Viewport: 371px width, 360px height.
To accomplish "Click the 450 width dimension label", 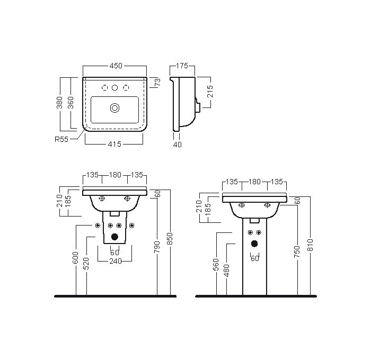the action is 116,66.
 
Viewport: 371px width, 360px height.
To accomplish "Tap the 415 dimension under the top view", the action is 114,144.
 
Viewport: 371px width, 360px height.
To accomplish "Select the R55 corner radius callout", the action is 61,139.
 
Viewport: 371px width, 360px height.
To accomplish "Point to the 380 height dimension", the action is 59,102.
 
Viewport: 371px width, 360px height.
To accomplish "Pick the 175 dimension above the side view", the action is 182,66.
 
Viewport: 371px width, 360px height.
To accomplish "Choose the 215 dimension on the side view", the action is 210,91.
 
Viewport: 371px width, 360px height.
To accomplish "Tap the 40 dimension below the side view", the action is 177,145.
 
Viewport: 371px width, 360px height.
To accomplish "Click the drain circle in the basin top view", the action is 115,108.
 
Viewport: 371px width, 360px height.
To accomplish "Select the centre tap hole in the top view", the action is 115,88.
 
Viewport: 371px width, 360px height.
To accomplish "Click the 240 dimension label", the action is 115,261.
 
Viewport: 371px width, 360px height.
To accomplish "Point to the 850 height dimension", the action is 170,239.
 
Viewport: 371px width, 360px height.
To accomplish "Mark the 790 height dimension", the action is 157,247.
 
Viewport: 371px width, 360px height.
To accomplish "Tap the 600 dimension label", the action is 76,257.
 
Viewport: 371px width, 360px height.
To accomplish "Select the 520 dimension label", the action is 86,263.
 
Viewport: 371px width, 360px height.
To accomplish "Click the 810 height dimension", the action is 310,245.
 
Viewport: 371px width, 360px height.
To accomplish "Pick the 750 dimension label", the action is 297,251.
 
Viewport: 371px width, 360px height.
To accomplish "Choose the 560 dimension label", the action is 216,265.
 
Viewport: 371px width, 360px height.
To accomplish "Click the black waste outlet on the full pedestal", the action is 254,244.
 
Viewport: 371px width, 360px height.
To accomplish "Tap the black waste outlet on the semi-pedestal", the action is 115,237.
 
